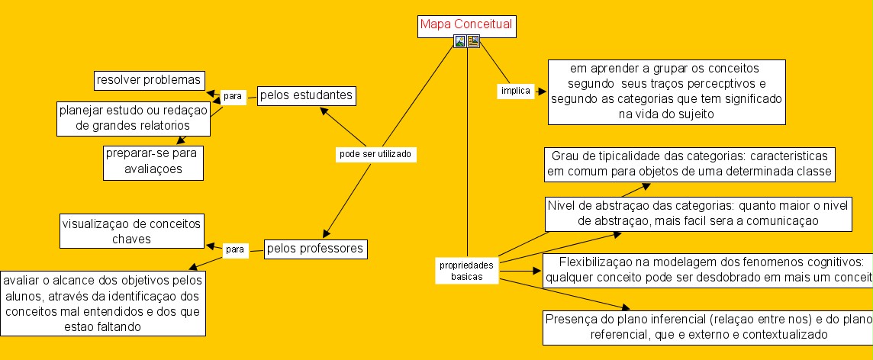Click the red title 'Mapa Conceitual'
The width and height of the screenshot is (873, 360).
pyautogui.click(x=465, y=25)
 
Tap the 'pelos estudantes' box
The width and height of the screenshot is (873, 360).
pyautogui.click(x=306, y=96)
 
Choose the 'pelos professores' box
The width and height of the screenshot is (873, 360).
pyautogui.click(x=315, y=249)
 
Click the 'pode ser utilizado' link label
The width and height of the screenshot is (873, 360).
pyautogui.click(x=375, y=154)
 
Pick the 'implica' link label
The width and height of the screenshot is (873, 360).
pyautogui.click(x=515, y=91)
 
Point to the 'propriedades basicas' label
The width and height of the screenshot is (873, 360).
pyautogui.click(x=467, y=271)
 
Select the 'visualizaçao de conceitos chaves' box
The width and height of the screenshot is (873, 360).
pyautogui.click(x=130, y=231)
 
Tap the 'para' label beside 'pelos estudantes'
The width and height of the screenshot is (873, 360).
pyautogui.click(x=233, y=95)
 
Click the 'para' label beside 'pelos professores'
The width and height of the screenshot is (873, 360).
pyautogui.click(x=236, y=249)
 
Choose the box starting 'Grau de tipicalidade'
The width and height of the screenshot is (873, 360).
pyautogui.click(x=689, y=164)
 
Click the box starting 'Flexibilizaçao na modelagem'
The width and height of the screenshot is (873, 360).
pyautogui.click(x=707, y=270)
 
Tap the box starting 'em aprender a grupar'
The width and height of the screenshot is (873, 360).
pyautogui.click(x=667, y=92)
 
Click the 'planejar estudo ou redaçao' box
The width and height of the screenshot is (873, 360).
pyautogui.click(x=133, y=117)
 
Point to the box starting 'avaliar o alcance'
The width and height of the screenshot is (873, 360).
pyautogui.click(x=103, y=303)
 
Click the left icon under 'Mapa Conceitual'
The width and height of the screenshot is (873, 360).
pyautogui.click(x=460, y=42)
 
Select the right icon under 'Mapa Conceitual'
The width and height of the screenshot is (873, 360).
pyautogui.click(x=473, y=42)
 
